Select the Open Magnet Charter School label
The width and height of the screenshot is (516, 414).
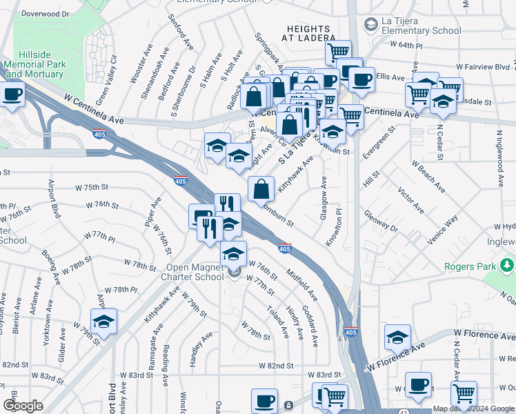[199, 273]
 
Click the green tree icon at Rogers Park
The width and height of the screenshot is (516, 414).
[508, 264]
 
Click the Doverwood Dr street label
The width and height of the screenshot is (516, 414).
[46, 14]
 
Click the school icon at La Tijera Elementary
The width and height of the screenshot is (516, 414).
[372, 25]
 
